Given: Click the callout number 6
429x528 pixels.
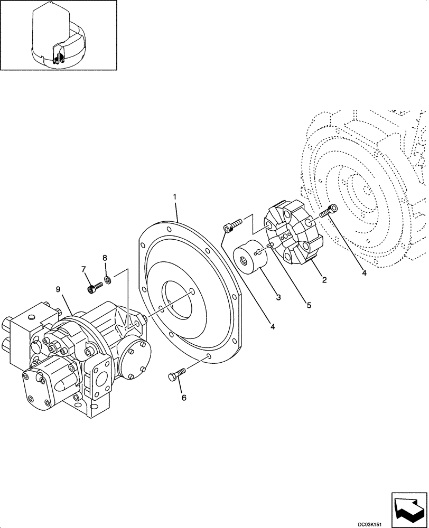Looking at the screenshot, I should click(184, 398).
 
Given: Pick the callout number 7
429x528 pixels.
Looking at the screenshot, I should click(83, 269).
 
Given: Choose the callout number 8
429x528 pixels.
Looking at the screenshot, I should click(105, 258).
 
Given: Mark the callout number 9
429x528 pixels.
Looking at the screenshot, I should click(58, 289).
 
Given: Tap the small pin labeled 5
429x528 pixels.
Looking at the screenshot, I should click(271, 245).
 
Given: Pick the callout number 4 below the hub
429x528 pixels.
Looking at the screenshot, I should click(273, 327).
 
